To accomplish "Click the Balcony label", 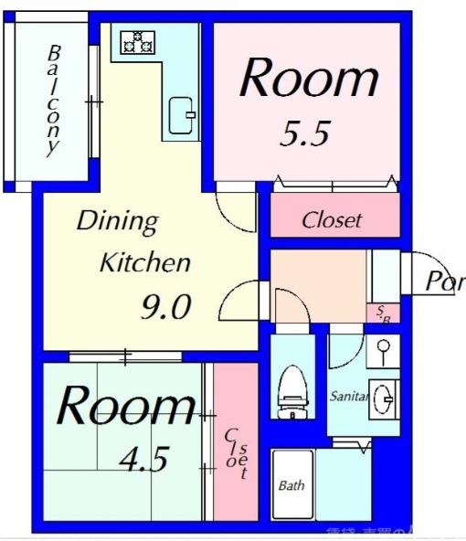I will click(x=54, y=100).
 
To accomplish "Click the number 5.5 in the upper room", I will click(x=303, y=135).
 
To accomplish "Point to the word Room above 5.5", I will click(x=308, y=79).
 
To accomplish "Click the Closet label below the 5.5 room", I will click(x=332, y=220).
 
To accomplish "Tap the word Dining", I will click(x=117, y=221).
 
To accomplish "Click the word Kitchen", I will click(x=144, y=264).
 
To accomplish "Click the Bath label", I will click(x=291, y=486).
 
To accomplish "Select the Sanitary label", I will click(x=349, y=398).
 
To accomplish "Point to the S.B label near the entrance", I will click(x=385, y=313).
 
